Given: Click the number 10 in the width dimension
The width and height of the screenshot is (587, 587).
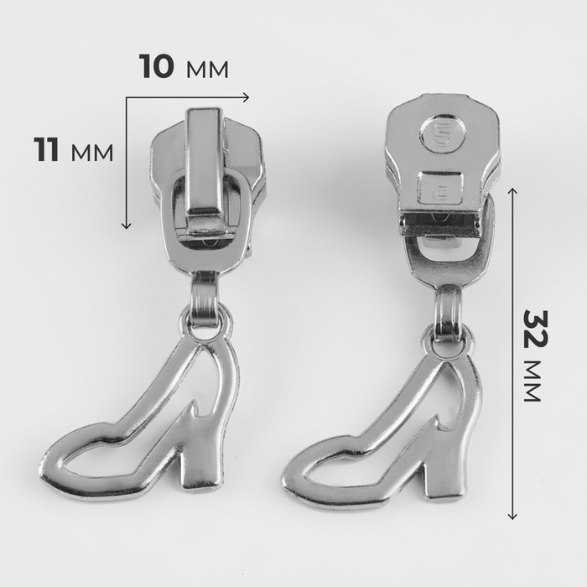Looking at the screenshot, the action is coord(157,66).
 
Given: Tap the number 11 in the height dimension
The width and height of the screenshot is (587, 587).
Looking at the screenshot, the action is coord(46,149).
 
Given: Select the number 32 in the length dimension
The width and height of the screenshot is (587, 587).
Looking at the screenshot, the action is coord(535,329).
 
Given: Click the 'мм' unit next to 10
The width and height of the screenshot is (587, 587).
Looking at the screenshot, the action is coord(207,70).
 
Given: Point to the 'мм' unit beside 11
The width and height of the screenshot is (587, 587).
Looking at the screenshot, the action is coord(91,153).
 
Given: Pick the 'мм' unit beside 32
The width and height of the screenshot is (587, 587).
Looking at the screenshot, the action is coord(532,381).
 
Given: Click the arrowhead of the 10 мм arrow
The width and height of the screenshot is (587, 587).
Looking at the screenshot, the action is coord(246,97).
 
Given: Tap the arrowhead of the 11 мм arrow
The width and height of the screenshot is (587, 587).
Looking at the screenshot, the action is coord(126,225).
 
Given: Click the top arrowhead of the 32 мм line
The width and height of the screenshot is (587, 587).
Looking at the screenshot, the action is coord(512,191).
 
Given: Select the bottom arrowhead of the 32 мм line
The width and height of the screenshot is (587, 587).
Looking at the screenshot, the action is coord(512,516).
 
